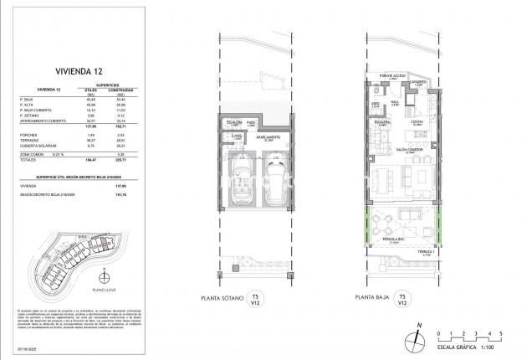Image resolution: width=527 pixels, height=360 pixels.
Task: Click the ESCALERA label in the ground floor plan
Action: tap(382, 121)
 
